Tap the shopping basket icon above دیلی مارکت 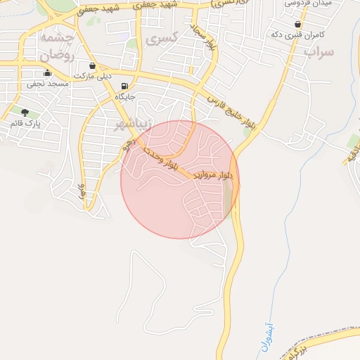[x=93, y=65]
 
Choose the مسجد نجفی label [x=48, y=83]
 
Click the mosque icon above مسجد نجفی [x=48, y=73]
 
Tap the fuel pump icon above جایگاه [x=125, y=87]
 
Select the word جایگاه [x=124, y=97]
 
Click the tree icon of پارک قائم [x=26, y=112]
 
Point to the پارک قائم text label [x=26, y=123]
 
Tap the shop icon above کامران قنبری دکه [x=297, y=24]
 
